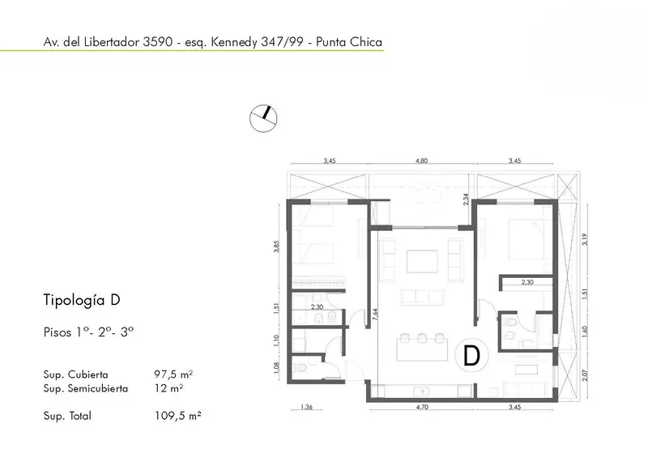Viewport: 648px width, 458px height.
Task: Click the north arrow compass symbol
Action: tap(263, 118)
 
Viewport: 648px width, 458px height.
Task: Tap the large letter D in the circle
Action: tap(471, 355)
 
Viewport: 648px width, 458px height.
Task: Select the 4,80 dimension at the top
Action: tap(421, 161)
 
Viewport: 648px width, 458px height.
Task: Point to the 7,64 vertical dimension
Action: tap(375, 315)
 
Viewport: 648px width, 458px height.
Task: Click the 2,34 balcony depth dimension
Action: tap(466, 199)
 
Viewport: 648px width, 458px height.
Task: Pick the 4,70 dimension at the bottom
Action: tap(422, 407)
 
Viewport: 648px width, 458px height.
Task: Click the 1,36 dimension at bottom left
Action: tap(306, 407)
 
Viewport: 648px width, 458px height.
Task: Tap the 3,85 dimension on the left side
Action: tap(277, 246)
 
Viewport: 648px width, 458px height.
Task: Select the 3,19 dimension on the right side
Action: tap(584, 240)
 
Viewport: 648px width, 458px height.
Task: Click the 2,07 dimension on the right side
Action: tap(584, 375)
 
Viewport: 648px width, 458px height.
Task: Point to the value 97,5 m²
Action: tap(173, 375)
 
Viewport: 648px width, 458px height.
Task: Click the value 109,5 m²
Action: tap(177, 415)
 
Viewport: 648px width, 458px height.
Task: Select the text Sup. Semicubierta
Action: tap(86, 388)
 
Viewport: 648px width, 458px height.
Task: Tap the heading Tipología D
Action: tap(82, 300)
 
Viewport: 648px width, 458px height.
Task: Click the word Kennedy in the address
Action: tap(234, 42)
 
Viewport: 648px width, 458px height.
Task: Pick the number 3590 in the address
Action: tap(157, 42)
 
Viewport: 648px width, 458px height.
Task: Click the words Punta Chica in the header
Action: tap(349, 42)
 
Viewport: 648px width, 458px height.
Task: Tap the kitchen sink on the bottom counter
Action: tap(421, 391)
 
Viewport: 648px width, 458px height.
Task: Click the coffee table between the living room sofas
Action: tap(422, 261)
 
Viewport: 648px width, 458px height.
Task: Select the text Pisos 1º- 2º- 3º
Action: tap(88, 332)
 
